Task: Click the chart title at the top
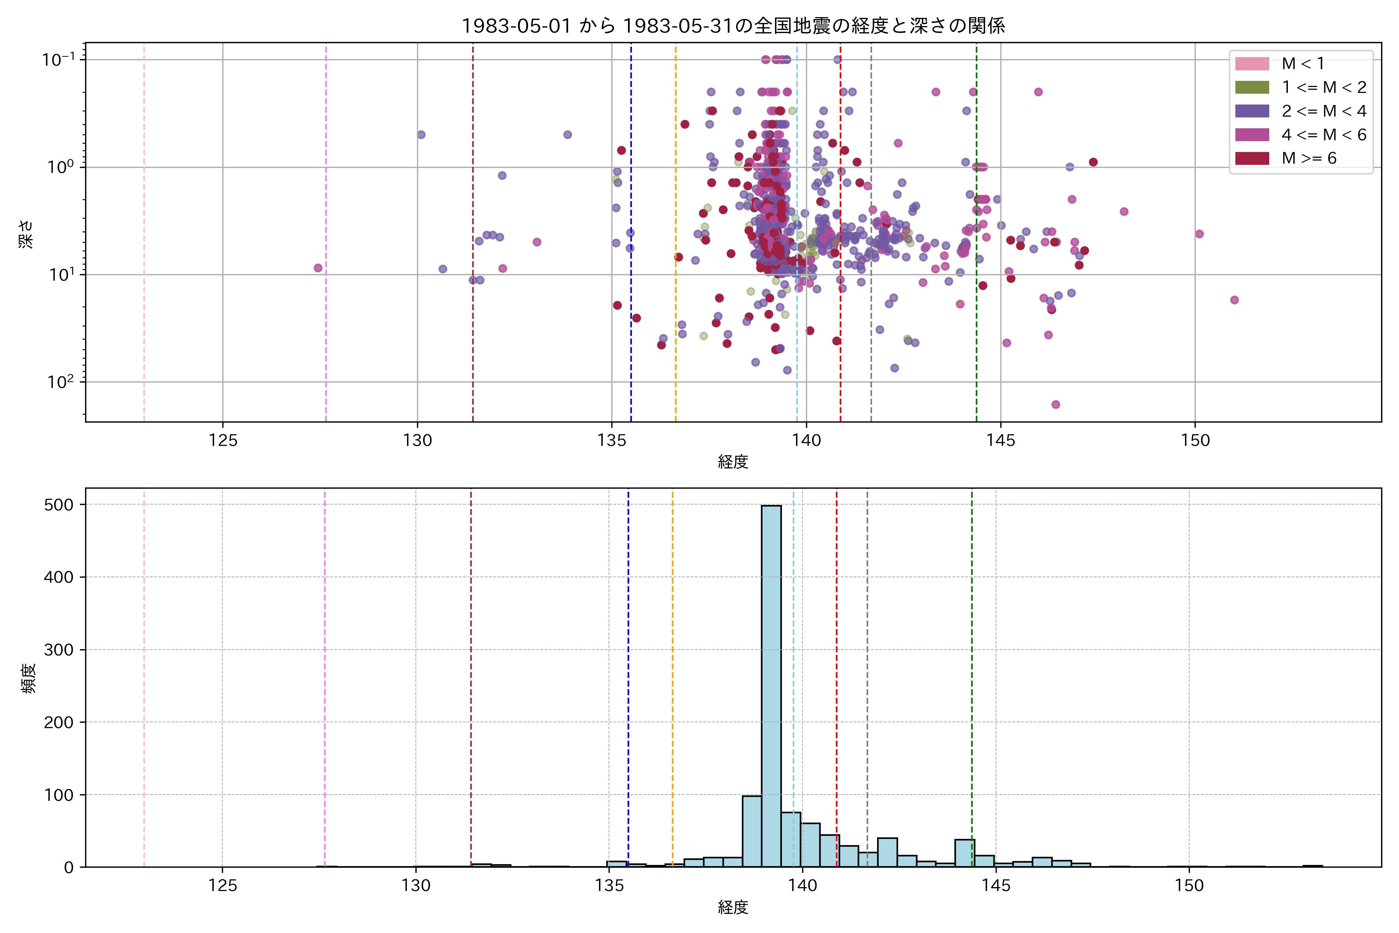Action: tap(733, 26)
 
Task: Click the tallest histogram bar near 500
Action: tap(771, 684)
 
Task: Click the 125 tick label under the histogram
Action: tap(222, 886)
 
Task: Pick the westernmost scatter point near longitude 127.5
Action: tap(318, 268)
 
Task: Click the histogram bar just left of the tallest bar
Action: tap(752, 831)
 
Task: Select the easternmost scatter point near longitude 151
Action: tap(1234, 300)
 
